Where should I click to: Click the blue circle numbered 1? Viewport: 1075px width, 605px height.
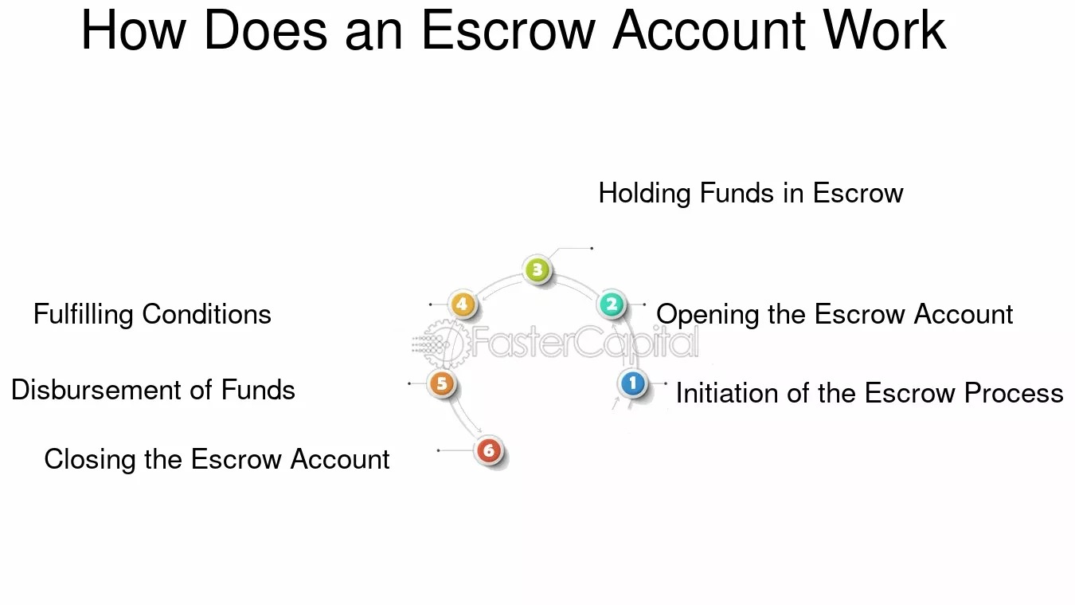coord(633,384)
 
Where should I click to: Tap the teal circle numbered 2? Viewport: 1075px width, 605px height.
coord(612,304)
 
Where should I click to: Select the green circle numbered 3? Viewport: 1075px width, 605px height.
coord(537,270)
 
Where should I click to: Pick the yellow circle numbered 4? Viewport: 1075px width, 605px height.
coord(462,304)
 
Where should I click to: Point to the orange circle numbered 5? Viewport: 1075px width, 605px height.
coord(441,384)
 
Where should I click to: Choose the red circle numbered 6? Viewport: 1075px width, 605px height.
coord(489,451)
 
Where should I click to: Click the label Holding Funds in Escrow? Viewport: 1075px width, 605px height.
coord(750,193)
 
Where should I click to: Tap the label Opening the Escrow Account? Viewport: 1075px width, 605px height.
coord(834,314)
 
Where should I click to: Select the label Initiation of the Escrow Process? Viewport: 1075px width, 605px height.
coord(869,393)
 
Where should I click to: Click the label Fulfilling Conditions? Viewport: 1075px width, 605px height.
coord(152,314)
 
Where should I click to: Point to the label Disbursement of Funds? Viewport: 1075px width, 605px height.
coord(153,390)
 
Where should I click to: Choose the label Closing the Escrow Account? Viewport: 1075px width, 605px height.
coord(217,459)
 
